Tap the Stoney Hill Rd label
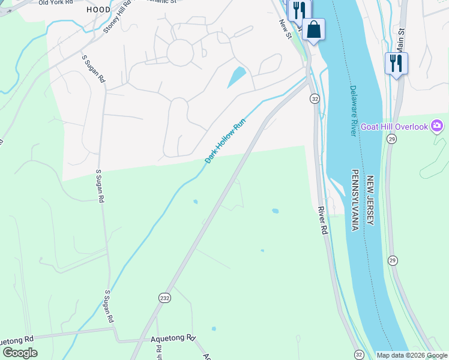click(117, 18)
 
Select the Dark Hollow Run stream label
click(226, 141)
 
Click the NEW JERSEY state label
click(370, 200)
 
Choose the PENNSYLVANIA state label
click(355, 200)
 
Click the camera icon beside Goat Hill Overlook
click(437, 126)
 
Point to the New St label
click(285, 29)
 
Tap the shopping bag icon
click(313, 29)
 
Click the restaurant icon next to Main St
click(396, 62)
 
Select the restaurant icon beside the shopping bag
click(299, 10)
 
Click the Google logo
click(20, 353)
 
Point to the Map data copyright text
click(412, 355)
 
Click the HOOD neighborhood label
click(98, 10)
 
